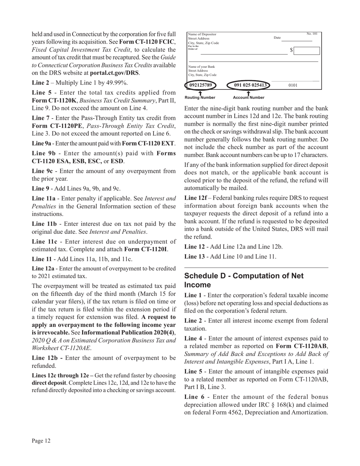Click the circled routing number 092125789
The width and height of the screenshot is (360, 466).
[x=200, y=85]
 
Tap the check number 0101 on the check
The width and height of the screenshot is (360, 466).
[x=293, y=86]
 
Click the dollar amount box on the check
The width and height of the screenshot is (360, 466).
[x=307, y=50]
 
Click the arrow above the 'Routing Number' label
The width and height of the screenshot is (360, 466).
[x=200, y=93]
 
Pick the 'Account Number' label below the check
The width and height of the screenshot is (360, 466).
[x=248, y=98]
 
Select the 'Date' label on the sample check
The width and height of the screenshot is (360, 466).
[x=277, y=38]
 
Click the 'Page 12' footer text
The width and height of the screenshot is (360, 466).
[x=41, y=441]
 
